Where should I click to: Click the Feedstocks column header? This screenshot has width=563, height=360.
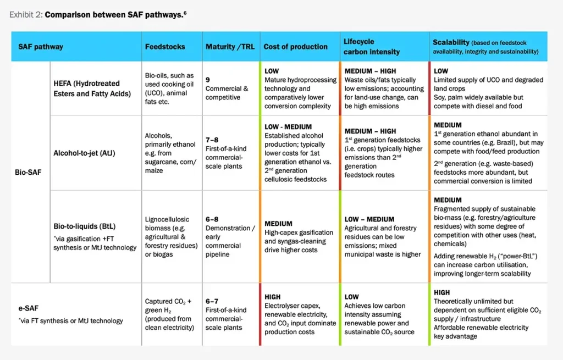point(165,47)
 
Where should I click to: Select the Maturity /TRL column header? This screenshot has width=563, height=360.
point(230,47)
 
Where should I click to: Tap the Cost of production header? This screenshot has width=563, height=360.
point(295,47)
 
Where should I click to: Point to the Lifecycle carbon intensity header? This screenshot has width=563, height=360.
point(372,47)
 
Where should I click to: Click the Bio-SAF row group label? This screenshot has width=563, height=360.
point(28,172)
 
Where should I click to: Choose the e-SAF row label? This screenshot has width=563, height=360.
point(29,308)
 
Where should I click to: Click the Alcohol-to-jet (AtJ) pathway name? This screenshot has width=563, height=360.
point(84,153)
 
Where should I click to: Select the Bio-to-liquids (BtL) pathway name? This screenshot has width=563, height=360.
point(84,226)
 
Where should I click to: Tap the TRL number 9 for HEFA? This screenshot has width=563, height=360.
point(208,80)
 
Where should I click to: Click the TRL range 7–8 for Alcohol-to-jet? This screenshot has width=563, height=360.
point(212,140)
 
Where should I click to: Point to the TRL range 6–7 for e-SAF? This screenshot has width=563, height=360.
point(212,301)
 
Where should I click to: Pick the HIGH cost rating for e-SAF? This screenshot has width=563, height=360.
point(273,297)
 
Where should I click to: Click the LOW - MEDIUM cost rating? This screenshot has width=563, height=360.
point(288,127)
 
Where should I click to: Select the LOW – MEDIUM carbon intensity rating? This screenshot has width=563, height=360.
point(369,219)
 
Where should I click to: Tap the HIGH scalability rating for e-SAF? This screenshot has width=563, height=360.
point(441,292)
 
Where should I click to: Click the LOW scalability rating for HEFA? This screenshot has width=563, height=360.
point(441,71)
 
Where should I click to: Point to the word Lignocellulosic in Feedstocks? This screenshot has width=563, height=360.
point(167,219)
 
